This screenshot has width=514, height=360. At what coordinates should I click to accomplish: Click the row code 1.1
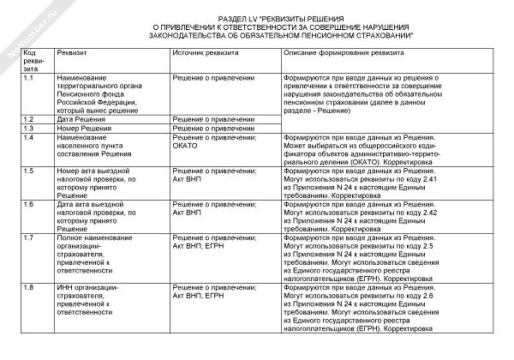click(x=29, y=78)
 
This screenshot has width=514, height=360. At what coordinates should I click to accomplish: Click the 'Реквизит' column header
click(x=69, y=53)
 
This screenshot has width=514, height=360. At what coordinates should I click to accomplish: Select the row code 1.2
click(x=29, y=119)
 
